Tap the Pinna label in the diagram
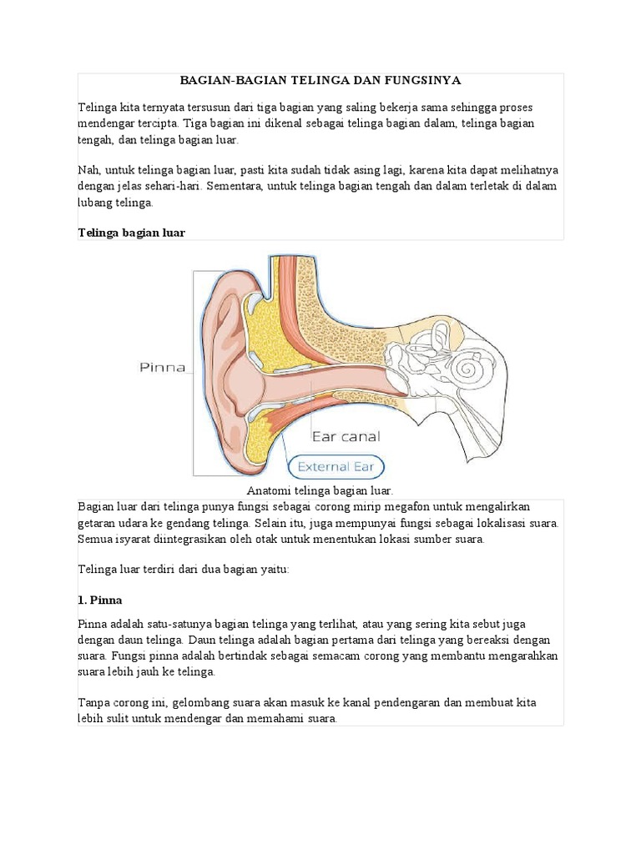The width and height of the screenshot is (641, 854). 161,366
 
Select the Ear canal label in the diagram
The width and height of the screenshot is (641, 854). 346,435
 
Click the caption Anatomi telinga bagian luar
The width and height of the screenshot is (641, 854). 320,491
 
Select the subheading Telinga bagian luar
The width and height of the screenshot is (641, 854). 131,234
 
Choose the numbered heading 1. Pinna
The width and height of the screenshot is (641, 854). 100,600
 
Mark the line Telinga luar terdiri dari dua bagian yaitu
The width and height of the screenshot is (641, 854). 183,569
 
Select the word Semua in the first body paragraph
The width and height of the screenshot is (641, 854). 96,539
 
